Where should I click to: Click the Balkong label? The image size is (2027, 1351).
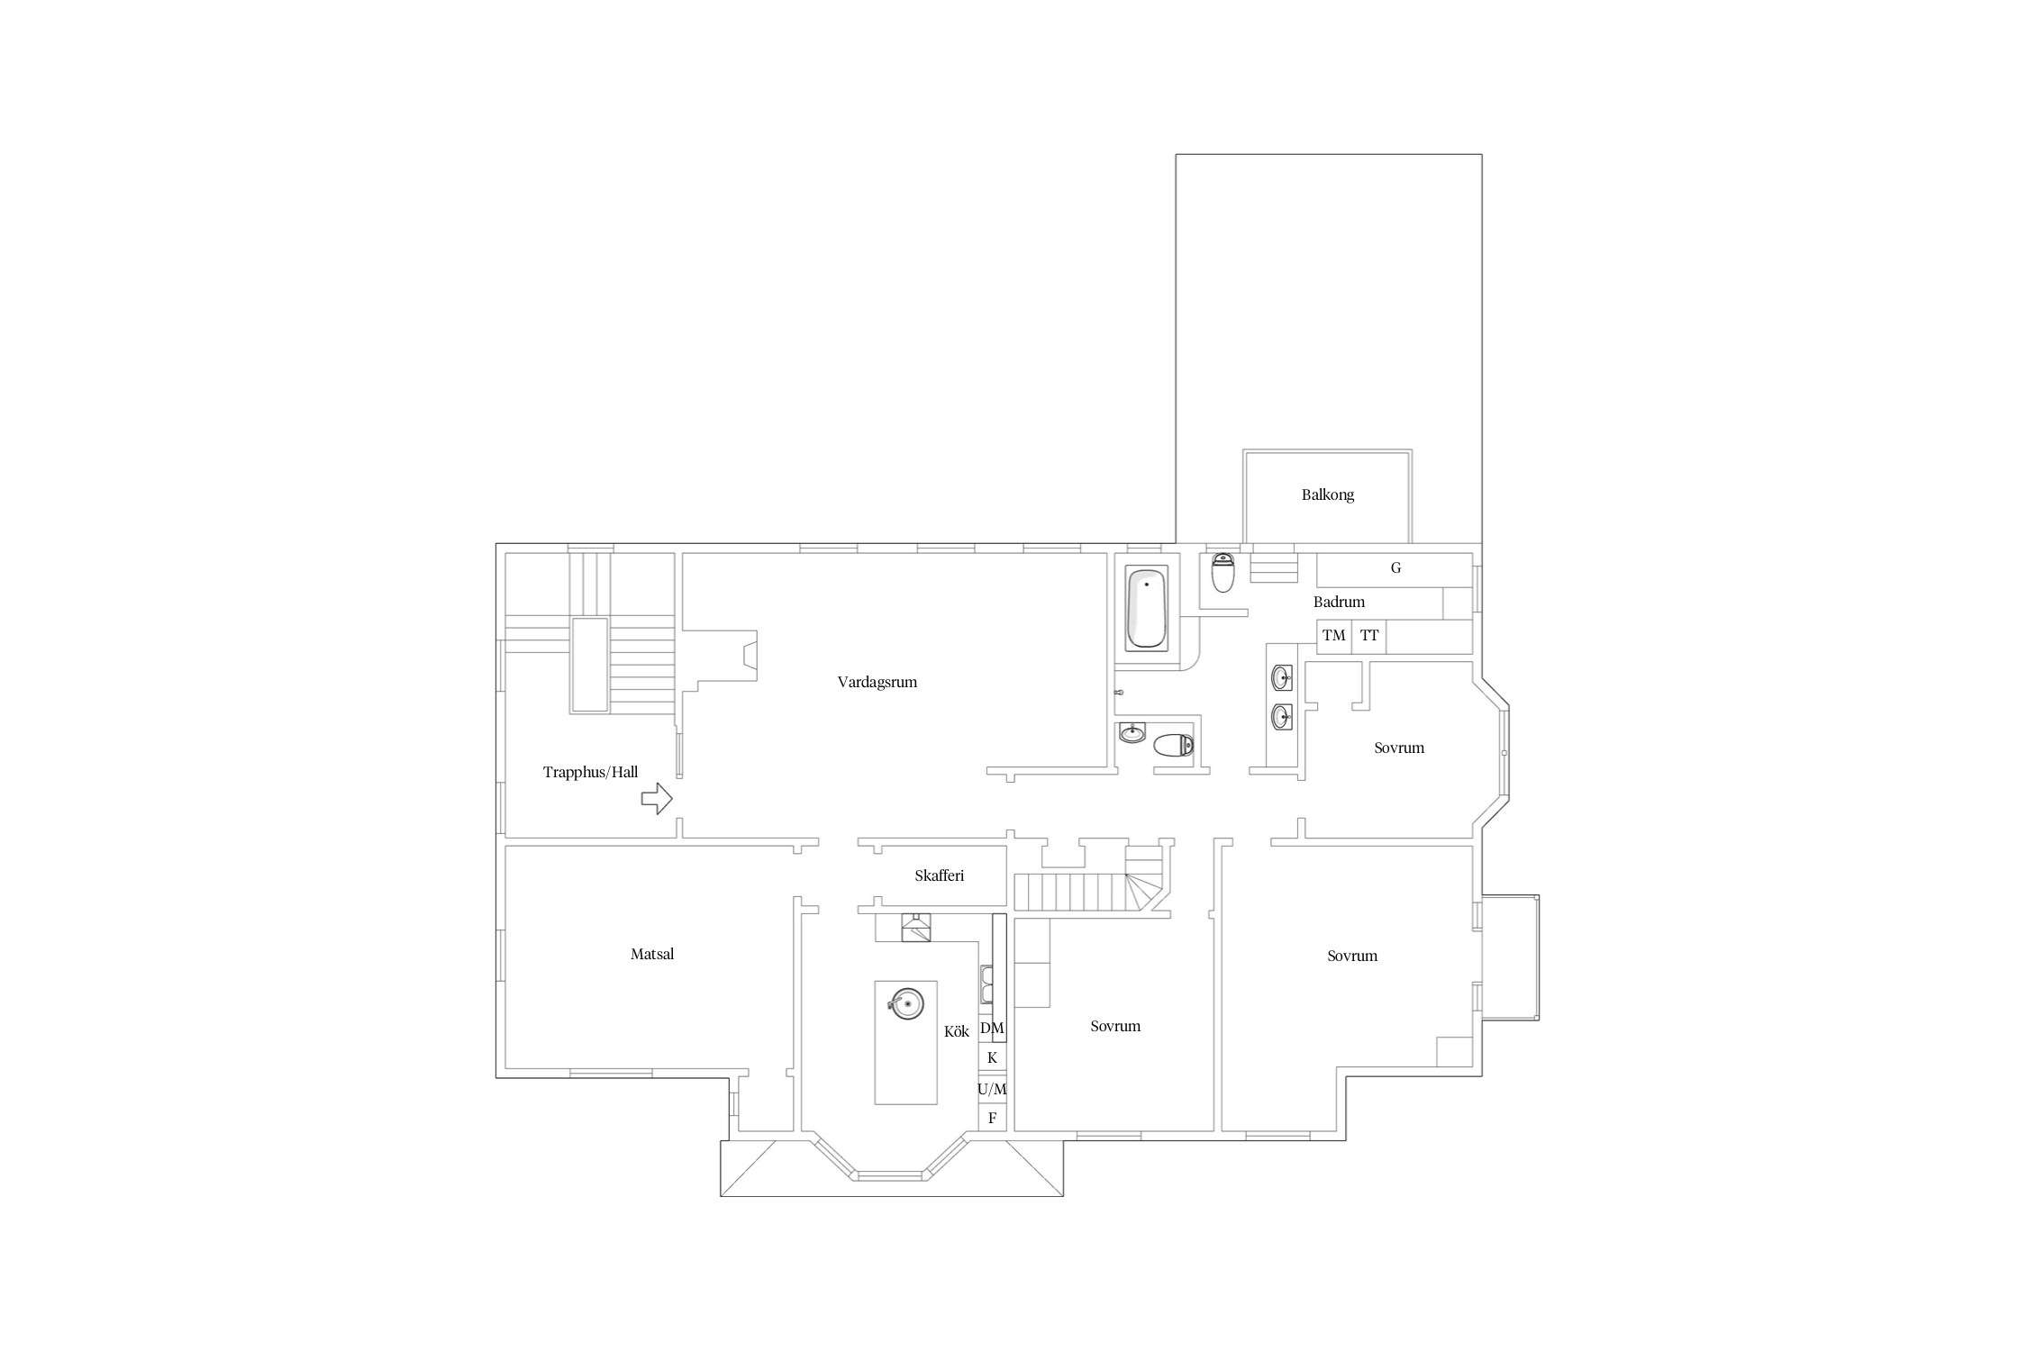coord(1327,494)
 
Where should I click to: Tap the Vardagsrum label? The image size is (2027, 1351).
coord(877,682)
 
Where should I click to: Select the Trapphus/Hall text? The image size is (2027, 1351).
coord(590,772)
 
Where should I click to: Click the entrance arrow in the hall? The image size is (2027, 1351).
coord(657,798)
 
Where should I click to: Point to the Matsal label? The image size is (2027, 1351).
coord(652,954)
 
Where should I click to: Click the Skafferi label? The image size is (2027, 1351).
coord(940,875)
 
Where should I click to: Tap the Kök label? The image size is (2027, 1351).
coord(956,1031)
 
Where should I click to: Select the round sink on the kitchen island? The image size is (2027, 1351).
coord(906,1002)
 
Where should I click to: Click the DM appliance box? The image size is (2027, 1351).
coord(992,1028)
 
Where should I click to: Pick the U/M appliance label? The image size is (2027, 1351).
coord(992,1089)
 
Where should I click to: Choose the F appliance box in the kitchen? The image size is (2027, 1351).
coord(992,1118)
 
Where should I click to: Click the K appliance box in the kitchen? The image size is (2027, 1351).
coord(992,1057)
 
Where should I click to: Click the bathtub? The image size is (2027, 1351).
coord(1147,608)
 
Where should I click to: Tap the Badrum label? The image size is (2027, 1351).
coord(1339,602)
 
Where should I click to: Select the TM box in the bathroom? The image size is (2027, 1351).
coord(1334,636)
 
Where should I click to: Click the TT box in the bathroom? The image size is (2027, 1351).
coord(1369,636)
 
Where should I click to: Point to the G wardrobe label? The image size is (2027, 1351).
coord(1395,568)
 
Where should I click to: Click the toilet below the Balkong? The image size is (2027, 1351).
coord(1223,572)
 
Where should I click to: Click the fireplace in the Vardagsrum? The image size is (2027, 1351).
coord(748,655)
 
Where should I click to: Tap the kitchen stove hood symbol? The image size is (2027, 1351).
coord(916,927)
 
